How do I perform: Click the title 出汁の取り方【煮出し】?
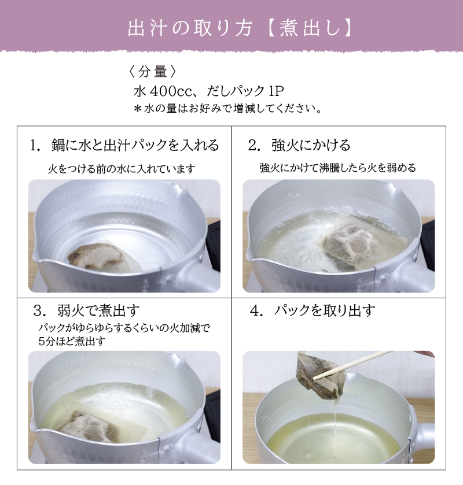coord(240,28)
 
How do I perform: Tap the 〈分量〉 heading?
coord(152,72)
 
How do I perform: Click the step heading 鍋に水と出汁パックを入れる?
coord(135,145)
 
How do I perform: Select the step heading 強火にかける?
coord(311,145)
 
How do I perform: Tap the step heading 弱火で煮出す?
coord(98,310)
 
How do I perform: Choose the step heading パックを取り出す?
coord(324,310)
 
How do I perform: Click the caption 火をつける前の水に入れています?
coord(122,169)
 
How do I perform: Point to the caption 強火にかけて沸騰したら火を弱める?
coord(337,168)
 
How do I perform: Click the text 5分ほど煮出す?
coord(72,341)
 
